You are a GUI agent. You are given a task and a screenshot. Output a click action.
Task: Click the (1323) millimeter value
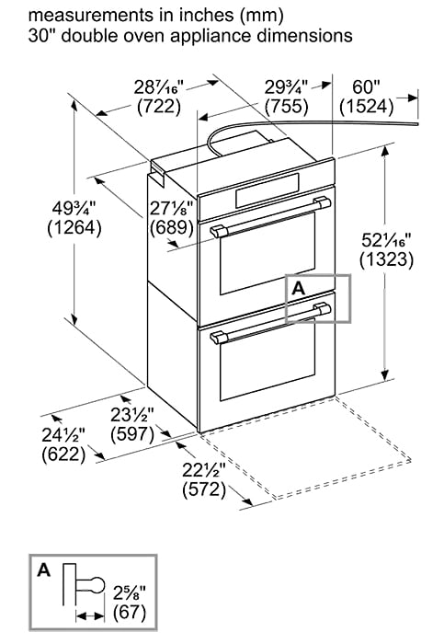click(386, 259)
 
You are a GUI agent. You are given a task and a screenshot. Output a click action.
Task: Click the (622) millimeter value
click(63, 453)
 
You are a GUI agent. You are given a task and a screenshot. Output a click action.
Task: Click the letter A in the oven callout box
click(297, 288)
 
